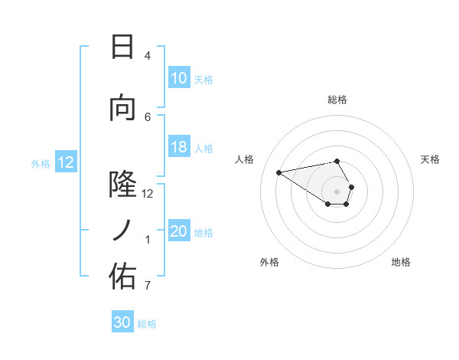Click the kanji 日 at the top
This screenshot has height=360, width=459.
click(122, 47)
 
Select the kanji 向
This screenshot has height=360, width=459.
click(122, 108)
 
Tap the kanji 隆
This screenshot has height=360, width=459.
click(122, 185)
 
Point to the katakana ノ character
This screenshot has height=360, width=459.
click(122, 230)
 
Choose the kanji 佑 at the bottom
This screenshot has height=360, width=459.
click(122, 277)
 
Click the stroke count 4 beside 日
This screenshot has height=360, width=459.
click(148, 56)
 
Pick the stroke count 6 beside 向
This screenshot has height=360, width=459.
click(148, 116)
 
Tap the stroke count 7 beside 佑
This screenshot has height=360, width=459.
click(148, 286)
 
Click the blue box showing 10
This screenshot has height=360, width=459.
click(179, 78)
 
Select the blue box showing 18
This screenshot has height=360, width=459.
click(179, 148)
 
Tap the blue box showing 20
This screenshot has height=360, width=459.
click(179, 232)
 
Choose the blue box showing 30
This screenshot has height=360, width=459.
click(122, 322)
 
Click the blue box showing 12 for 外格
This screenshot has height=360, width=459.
click(66, 162)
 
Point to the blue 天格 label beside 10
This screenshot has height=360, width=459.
click(203, 79)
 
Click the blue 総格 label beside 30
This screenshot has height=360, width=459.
click(147, 324)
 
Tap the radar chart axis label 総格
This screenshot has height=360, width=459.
click(337, 100)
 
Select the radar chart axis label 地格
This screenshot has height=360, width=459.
click(401, 262)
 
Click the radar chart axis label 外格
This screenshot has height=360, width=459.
click(269, 262)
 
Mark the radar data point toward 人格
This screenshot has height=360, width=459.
click(279, 172)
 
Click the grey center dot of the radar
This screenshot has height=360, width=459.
click(337, 191)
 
